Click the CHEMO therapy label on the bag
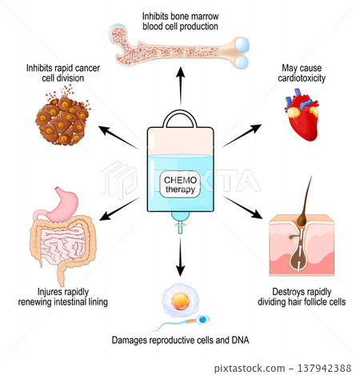[181, 183]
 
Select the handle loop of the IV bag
[179, 118]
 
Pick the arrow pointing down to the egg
[179, 261]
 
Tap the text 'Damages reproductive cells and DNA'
[180, 342]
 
